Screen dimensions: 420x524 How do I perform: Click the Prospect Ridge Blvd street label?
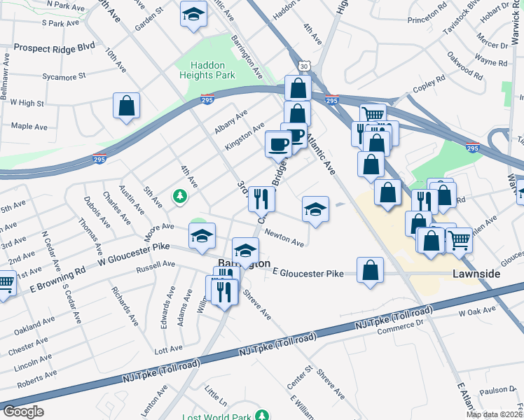point(53,48)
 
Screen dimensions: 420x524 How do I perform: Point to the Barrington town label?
point(244,264)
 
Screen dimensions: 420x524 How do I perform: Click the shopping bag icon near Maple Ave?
point(126,106)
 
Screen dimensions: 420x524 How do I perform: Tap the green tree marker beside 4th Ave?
point(181,197)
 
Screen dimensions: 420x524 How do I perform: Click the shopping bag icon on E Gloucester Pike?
point(370,270)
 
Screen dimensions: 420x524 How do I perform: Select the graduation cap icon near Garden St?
point(192,15)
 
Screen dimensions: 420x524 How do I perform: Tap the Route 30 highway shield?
point(303,65)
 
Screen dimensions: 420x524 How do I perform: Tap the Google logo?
point(23,412)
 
